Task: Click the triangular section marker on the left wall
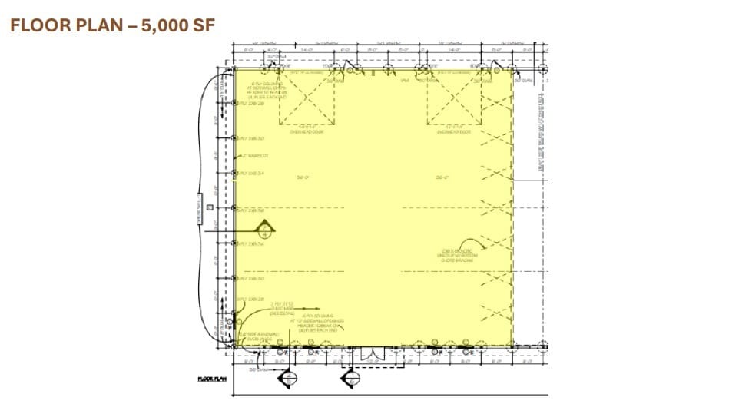click(264, 228)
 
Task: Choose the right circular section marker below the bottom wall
click(350, 379)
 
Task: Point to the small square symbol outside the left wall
click(207, 206)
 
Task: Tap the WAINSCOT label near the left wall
click(256, 156)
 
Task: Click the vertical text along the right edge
click(540, 131)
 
